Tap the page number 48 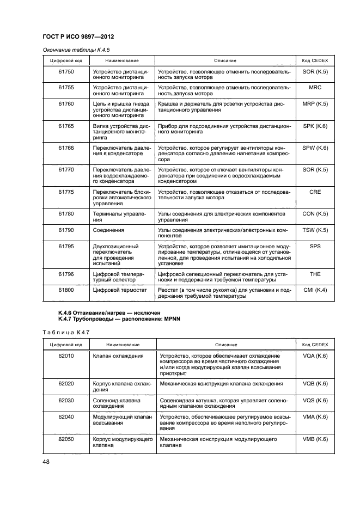46,462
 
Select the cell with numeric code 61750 66,71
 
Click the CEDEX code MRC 315,87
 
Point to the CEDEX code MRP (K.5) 315,103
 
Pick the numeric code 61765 66,126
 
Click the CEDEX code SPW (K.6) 315,148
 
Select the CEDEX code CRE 315,192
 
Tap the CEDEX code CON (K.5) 315,214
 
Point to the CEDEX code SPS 315,246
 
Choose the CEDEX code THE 315,274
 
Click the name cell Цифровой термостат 120,290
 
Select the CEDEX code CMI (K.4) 315,290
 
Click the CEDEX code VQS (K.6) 315,400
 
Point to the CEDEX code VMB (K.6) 315,439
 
